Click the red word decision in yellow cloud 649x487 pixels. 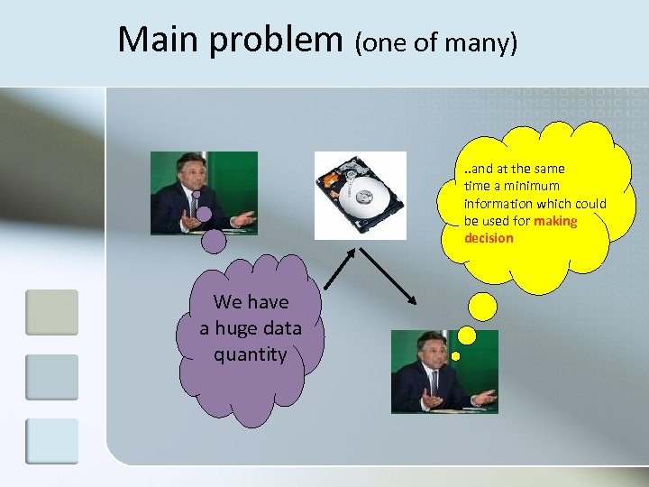[489, 239]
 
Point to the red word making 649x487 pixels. [555, 221]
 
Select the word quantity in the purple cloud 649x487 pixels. [250, 354]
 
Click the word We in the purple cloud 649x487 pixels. [228, 302]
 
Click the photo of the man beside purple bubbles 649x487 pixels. [204, 193]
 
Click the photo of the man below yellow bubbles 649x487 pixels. [443, 372]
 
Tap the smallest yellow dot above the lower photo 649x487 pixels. [455, 355]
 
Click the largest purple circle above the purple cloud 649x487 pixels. [214, 241]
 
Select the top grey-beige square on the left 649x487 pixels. [51, 312]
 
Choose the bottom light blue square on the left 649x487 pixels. [51, 442]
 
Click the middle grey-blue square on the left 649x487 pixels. [51, 377]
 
